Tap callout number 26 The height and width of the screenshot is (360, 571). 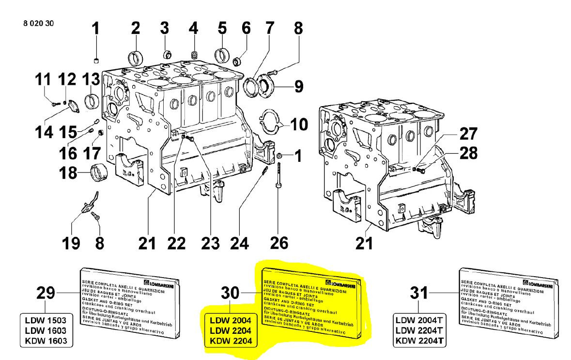click(279, 242)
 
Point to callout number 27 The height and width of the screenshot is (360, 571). click(468, 134)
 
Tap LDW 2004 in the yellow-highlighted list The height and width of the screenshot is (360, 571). click(231, 321)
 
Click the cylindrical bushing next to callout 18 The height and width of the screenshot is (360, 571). click(99, 172)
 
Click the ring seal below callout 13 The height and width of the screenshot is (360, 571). click(91, 101)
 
